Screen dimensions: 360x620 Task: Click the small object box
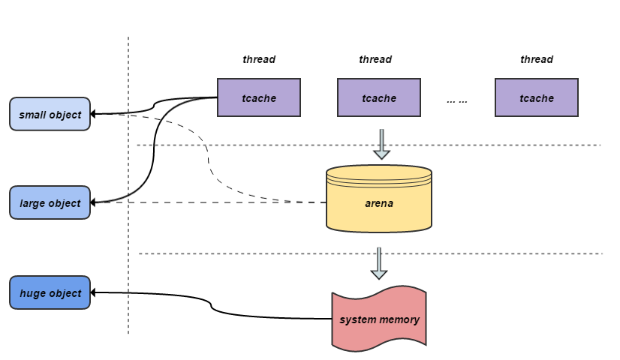click(50, 114)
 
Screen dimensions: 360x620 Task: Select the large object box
click(50, 202)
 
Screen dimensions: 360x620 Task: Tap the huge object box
click(50, 292)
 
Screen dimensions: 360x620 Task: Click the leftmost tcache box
click(259, 97)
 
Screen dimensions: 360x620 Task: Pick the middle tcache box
click(379, 97)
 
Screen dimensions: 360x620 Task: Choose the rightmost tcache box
click(537, 97)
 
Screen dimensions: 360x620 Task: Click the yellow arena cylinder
click(379, 198)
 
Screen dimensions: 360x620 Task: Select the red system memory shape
click(379, 318)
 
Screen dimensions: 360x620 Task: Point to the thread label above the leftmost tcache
click(259, 59)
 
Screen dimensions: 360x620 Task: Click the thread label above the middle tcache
click(375, 59)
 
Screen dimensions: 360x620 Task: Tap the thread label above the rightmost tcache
click(537, 59)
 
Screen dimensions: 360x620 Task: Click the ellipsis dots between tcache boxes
click(457, 99)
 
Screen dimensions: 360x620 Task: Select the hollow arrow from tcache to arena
click(382, 144)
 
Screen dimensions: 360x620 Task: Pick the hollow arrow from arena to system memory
click(380, 263)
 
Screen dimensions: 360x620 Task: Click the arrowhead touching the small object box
click(95, 114)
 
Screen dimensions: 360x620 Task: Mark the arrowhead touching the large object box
click(95, 202)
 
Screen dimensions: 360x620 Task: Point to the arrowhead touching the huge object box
click(95, 292)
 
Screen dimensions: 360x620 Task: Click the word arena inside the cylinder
click(379, 203)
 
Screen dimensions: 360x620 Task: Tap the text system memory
click(379, 320)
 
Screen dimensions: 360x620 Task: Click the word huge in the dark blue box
click(32, 293)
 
